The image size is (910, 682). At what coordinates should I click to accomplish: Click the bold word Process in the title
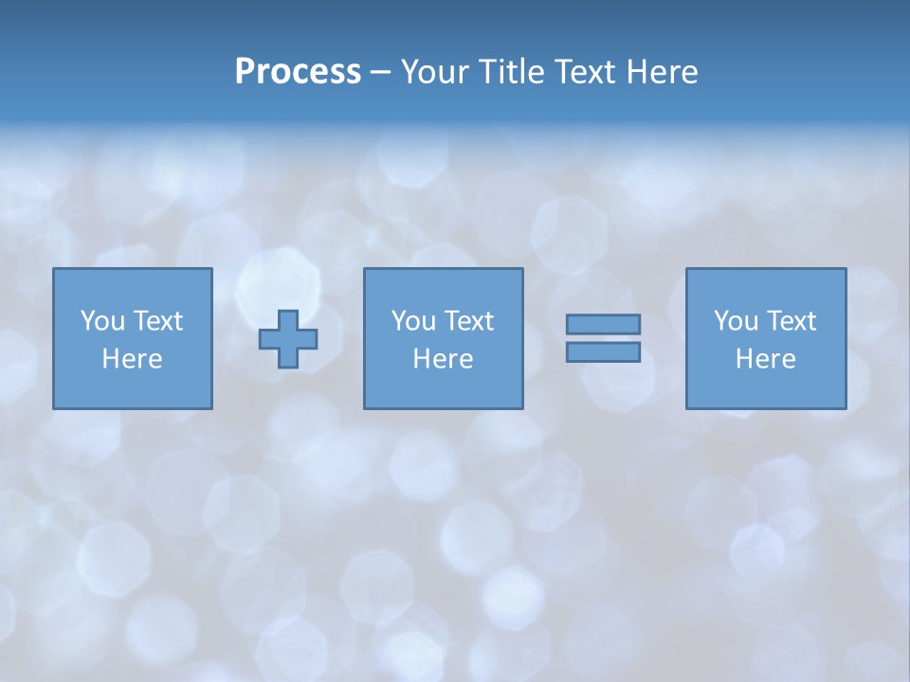point(298,72)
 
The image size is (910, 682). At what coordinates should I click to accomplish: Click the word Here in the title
point(663,72)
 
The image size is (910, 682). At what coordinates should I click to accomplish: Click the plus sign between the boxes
point(288,339)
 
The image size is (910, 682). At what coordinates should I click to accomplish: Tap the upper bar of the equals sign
point(603,324)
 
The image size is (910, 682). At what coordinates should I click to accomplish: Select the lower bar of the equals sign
point(603,351)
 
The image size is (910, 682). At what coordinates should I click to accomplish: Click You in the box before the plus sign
point(102,321)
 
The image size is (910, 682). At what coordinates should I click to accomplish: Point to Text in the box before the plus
point(156,321)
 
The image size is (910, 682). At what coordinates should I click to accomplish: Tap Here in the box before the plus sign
point(132,359)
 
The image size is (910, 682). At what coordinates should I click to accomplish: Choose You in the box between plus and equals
point(413,321)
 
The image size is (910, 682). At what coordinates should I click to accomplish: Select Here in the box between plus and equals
point(443,359)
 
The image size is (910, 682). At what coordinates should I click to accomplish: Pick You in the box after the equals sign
point(736,321)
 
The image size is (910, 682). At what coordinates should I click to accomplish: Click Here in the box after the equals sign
point(765,359)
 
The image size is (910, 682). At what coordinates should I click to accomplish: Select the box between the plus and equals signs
point(443,388)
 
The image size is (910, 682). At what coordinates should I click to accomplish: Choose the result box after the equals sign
point(765,388)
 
